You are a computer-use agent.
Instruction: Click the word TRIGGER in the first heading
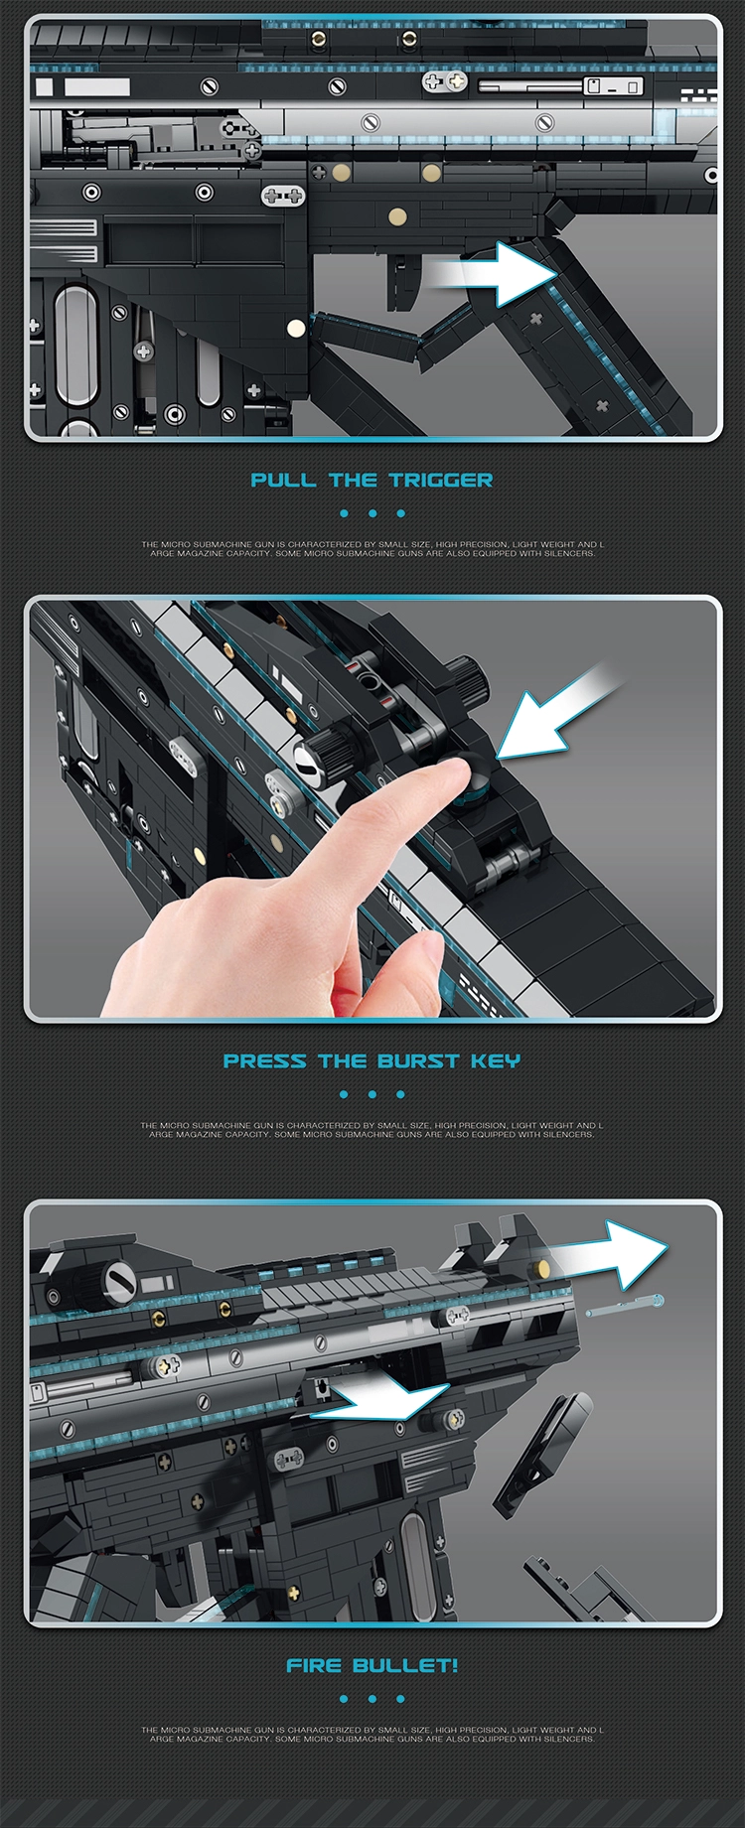tap(441, 481)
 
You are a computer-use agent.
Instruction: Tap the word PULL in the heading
tap(283, 481)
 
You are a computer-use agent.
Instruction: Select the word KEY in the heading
tap(496, 1061)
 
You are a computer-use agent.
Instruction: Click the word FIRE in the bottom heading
tap(314, 1665)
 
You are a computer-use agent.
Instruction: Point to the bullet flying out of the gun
tap(626, 1307)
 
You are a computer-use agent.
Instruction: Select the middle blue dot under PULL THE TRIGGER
tap(372, 513)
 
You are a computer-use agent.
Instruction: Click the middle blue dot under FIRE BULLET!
tap(372, 1699)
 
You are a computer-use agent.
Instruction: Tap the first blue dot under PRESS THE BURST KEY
tap(344, 1094)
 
